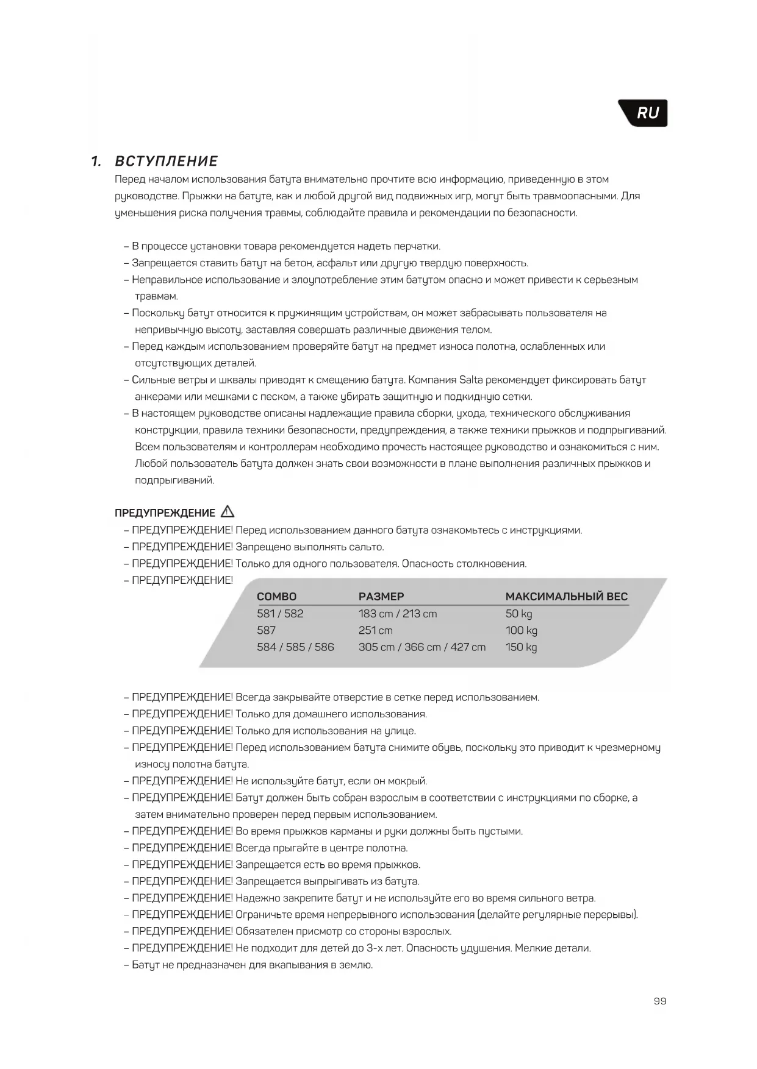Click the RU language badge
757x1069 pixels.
tap(647, 113)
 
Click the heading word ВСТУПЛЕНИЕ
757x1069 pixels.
tap(167, 162)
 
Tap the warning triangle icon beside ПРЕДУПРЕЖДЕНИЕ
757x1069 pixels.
tap(228, 512)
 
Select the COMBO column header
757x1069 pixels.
tap(276, 597)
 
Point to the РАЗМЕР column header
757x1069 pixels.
tap(381, 597)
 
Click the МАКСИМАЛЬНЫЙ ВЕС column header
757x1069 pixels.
tap(566, 597)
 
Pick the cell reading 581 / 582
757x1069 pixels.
tap(280, 614)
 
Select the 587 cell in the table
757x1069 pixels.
tap(266, 630)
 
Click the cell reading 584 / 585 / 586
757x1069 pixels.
tap(295, 647)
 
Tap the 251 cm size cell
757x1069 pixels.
tap(375, 630)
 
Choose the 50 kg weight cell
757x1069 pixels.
tap(518, 614)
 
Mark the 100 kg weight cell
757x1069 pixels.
tap(521, 630)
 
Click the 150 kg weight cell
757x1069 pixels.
tap(521, 647)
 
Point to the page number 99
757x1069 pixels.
tap(659, 1001)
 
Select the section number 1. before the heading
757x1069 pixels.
tap(96, 162)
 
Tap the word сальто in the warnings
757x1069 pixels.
tap(366, 547)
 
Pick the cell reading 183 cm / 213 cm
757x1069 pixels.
tap(398, 614)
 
